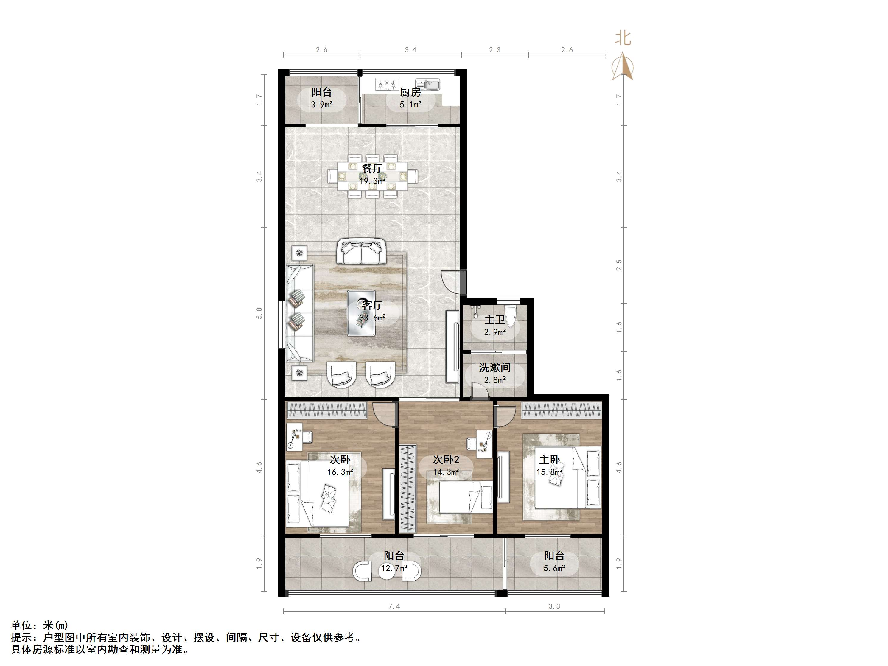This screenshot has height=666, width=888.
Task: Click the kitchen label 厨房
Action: coord(410,92)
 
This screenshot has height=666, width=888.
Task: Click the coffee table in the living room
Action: coord(361,313)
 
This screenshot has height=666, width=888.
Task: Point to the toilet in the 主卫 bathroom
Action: coord(511,316)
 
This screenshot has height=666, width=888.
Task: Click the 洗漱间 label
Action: coord(494,367)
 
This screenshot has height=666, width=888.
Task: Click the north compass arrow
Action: coord(622,66)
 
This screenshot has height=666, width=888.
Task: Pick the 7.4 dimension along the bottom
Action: coord(394,606)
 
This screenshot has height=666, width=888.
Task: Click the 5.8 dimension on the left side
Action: coord(259,313)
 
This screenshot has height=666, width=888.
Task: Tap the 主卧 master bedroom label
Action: coord(549,460)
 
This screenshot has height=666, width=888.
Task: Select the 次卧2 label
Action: coord(446,460)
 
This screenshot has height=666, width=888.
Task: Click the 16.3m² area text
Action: coord(340,472)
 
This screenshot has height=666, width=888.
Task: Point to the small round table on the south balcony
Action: coord(387,572)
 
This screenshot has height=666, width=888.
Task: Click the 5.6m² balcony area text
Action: coord(554,568)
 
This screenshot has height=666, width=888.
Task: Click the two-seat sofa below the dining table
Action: coord(361,252)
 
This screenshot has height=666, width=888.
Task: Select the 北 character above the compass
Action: coord(623,38)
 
